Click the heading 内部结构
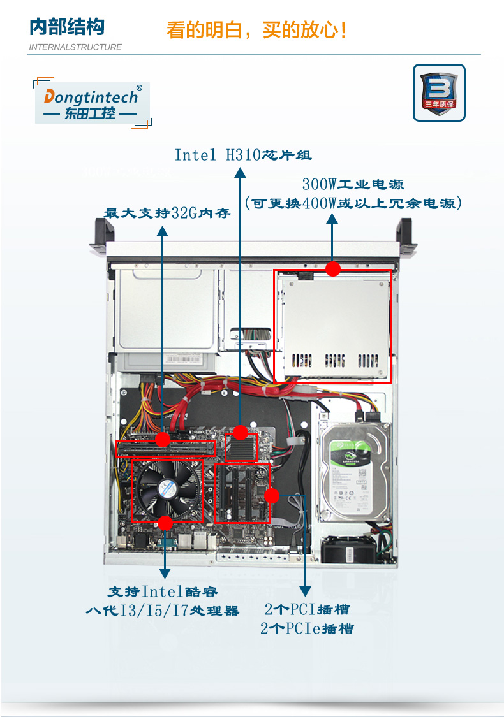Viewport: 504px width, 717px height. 67,27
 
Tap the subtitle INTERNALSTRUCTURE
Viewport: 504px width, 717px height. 75,47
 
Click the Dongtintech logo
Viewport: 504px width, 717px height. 93,103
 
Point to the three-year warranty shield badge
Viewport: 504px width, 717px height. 439,93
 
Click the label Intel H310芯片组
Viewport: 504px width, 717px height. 243,155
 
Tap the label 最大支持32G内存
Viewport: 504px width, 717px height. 167,213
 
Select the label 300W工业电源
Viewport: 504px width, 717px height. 353,184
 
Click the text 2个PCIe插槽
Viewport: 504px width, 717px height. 307,629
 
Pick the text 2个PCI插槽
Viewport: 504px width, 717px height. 307,609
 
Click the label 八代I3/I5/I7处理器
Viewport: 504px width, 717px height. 163,611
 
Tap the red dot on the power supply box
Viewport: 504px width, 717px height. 333,269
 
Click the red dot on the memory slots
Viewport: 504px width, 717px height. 163,440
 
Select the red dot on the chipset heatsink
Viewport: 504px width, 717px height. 241,433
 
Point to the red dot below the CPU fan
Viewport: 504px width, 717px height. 165,523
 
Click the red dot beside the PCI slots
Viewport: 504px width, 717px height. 272,496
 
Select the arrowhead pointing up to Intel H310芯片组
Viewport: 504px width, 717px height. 241,172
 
